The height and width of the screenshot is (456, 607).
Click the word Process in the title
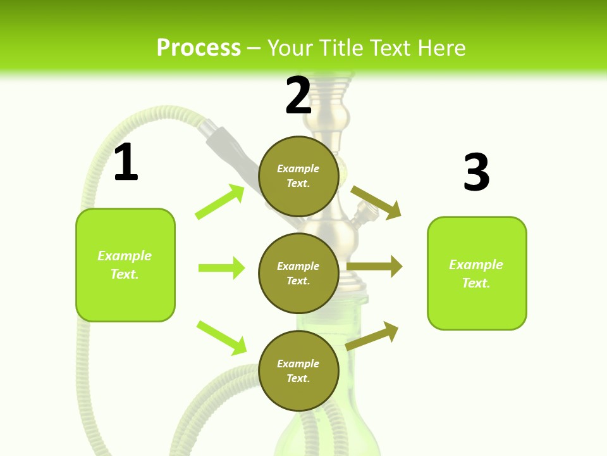[x=199, y=48]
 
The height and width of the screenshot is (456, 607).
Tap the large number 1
[x=126, y=163]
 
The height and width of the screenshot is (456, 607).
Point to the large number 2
[x=298, y=96]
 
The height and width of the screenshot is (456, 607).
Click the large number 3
[x=477, y=173]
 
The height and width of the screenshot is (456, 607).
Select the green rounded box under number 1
[x=125, y=265]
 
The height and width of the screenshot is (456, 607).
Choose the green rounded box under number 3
[x=477, y=273]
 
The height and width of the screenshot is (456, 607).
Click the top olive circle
[x=298, y=176]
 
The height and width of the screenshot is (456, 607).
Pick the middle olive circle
[x=298, y=273]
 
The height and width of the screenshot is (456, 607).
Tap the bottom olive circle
[x=298, y=370]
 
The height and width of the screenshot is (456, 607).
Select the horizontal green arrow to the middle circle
[x=221, y=268]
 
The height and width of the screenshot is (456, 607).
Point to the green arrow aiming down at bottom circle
[x=221, y=338]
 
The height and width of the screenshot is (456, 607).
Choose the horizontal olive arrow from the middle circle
[x=374, y=267]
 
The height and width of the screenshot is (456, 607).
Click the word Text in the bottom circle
[x=298, y=378]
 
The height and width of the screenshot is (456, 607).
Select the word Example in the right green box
[x=476, y=265]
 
